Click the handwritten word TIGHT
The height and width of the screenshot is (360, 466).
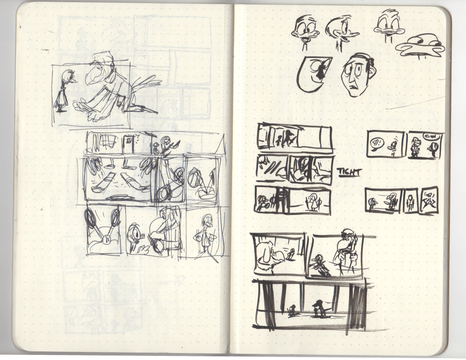349,172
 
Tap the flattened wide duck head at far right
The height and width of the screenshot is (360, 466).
421,46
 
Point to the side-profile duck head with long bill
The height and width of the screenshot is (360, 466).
341,32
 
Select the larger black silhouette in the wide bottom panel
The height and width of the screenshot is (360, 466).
318,308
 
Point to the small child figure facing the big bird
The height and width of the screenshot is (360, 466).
64,91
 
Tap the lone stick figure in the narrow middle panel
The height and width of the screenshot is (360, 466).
410,203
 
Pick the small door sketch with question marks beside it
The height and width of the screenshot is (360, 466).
128,143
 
